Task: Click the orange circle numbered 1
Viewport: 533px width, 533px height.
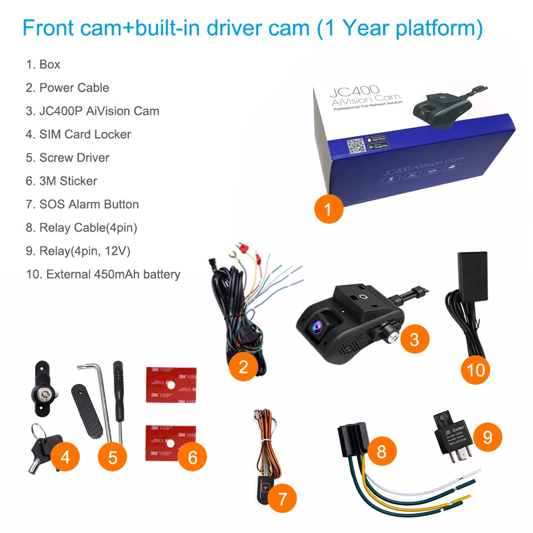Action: [x=328, y=209]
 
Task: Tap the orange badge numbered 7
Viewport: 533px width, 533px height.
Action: [x=282, y=499]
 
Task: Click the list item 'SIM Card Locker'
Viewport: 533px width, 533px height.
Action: [x=78, y=134]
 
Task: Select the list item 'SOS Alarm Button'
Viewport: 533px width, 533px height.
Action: [x=82, y=204]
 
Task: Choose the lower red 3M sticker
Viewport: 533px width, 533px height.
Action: [x=171, y=442]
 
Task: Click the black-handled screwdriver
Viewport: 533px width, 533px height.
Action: [x=118, y=400]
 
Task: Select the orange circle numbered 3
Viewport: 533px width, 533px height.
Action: [x=414, y=338]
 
